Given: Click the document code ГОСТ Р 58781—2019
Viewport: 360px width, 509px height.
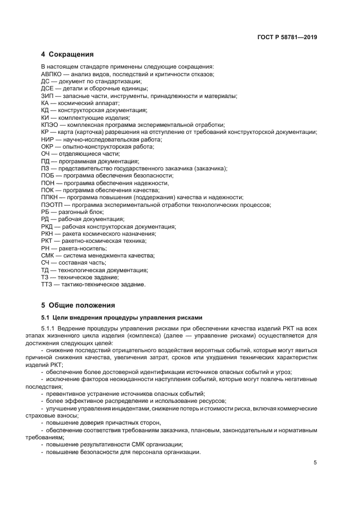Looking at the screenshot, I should (x=287, y=38).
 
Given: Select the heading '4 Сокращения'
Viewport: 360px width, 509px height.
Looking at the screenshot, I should (x=67, y=54).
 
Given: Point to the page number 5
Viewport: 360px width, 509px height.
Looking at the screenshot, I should (x=315, y=463).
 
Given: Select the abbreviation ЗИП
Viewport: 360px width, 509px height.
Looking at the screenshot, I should (x=47, y=96).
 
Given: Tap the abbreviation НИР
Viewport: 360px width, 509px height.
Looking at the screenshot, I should (x=48, y=139).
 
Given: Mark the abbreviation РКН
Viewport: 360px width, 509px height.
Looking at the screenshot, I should (x=48, y=234).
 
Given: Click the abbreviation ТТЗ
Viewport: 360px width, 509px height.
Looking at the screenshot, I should (x=47, y=284).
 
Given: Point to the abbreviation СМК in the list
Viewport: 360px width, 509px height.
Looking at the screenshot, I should (x=48, y=255).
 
